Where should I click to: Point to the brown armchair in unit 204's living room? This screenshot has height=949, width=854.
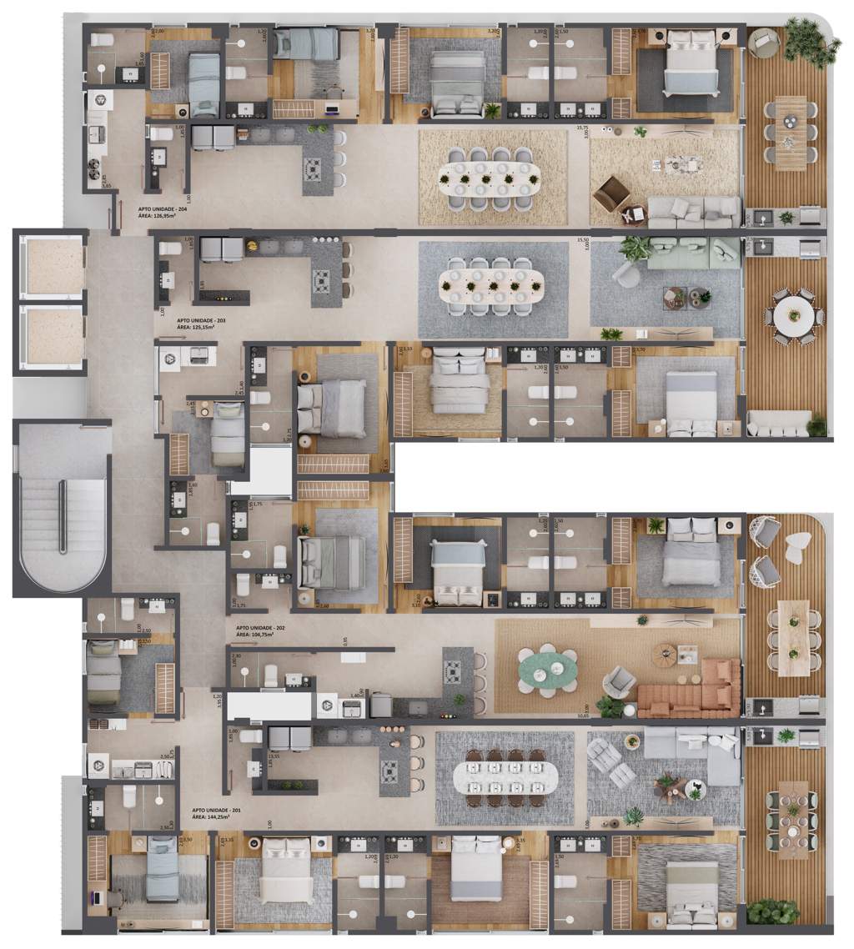pos(611,194)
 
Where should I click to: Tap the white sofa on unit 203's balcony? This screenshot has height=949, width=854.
pos(779,423)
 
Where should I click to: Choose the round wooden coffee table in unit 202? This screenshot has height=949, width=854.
pos(665,655)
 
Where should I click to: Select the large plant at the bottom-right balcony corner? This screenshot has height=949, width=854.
pos(772,911)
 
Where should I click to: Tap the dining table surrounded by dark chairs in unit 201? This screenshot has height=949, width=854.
pos(505,778)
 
